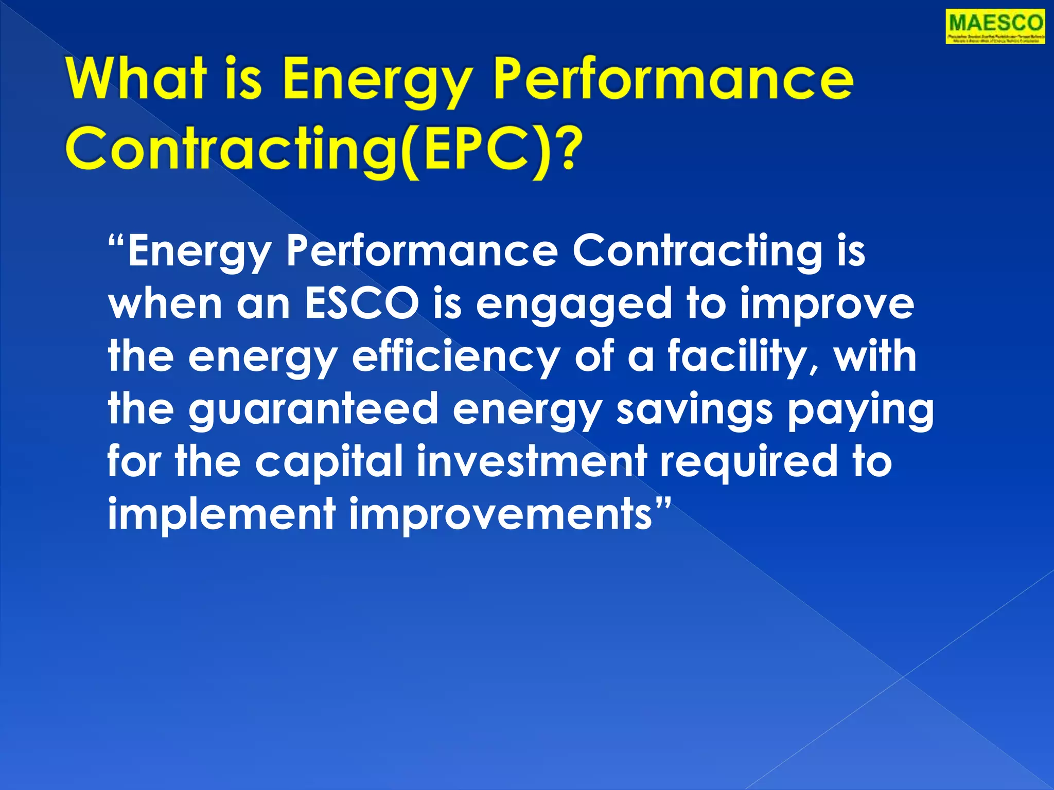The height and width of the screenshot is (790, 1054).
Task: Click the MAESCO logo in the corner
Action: (x=995, y=27)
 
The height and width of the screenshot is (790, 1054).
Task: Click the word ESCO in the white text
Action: (x=361, y=303)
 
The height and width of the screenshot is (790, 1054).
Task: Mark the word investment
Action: (x=531, y=461)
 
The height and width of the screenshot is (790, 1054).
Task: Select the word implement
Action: (x=222, y=514)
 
